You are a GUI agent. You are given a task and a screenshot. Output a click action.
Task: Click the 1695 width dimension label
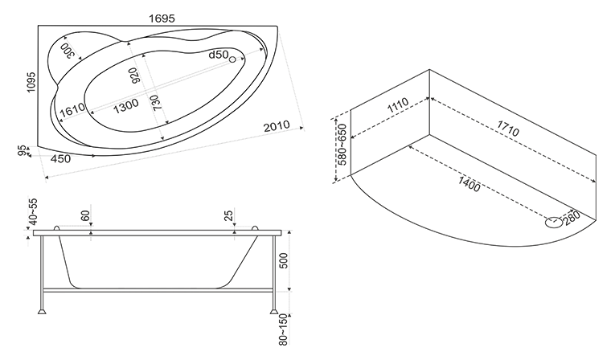pyautogui.click(x=162, y=18)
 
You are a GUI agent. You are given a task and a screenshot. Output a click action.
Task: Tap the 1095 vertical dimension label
pyautogui.click(x=31, y=82)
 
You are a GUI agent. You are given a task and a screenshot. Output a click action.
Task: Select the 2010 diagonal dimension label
pyautogui.click(x=276, y=126)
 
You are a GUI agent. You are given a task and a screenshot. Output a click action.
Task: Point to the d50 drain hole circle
pyautogui.click(x=232, y=59)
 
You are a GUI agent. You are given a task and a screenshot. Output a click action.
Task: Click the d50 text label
pyautogui.click(x=218, y=55)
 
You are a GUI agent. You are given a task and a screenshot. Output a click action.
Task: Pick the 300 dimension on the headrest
pyautogui.click(x=68, y=51)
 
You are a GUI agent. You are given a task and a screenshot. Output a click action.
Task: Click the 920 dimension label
pyautogui.click(x=134, y=76)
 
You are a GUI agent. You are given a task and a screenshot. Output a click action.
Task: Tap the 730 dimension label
pyautogui.click(x=155, y=103)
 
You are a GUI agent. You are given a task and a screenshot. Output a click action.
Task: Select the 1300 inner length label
pyautogui.click(x=126, y=105)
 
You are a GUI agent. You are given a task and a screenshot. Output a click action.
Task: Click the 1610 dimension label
pyautogui.click(x=72, y=109)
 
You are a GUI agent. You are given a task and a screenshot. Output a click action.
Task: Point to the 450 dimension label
pyautogui.click(x=61, y=159)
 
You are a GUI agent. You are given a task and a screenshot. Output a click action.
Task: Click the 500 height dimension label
pyautogui.click(x=284, y=261)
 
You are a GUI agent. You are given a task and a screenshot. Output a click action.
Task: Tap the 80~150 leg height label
pyautogui.click(x=284, y=329)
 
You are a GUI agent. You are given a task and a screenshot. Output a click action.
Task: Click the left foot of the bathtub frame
pyautogui.click(x=42, y=312)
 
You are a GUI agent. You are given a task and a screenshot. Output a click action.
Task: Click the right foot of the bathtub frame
pyautogui.click(x=274, y=312)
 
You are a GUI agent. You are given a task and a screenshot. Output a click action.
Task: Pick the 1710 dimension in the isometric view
pyautogui.click(x=508, y=129)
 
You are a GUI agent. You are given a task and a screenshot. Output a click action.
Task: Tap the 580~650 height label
pyautogui.click(x=342, y=145)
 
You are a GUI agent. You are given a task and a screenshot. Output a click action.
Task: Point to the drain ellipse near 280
pyautogui.click(x=554, y=223)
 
